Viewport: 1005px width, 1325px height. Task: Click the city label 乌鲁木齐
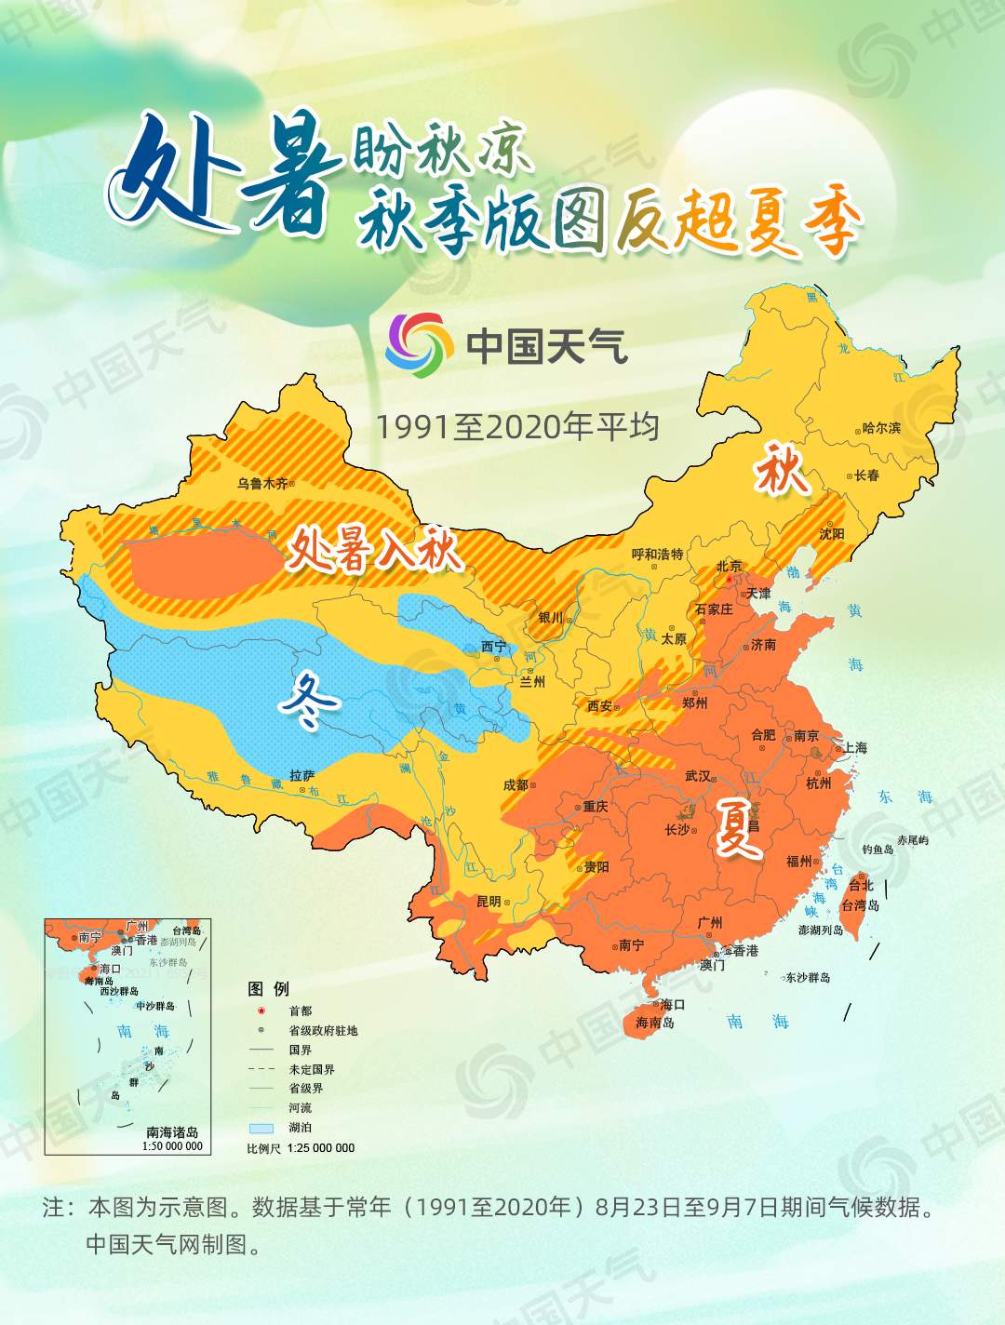[x=261, y=484]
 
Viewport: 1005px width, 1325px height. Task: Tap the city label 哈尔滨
[x=881, y=428]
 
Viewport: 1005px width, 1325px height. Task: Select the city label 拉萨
[x=301, y=775]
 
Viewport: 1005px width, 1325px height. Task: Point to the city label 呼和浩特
[x=657, y=555]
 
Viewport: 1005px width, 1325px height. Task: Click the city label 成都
[x=515, y=785]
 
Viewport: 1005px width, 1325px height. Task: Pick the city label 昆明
[x=489, y=902]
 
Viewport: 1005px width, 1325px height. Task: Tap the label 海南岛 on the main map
[x=655, y=1023]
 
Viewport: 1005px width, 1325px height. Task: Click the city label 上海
[x=855, y=748]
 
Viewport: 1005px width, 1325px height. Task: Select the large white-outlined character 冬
[x=308, y=702]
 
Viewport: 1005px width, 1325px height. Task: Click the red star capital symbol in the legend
[x=261, y=1010]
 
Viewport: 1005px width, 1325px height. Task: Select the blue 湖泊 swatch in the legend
[x=261, y=1128]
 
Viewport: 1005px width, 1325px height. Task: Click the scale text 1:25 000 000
[x=321, y=1148]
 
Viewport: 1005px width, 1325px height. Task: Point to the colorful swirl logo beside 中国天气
[x=414, y=345]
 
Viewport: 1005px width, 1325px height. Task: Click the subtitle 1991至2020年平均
[x=517, y=427]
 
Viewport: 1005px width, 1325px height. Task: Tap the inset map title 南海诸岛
[x=172, y=1132]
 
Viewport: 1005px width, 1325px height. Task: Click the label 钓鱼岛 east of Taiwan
[x=878, y=850]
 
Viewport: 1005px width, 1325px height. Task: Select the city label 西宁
[x=494, y=647]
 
